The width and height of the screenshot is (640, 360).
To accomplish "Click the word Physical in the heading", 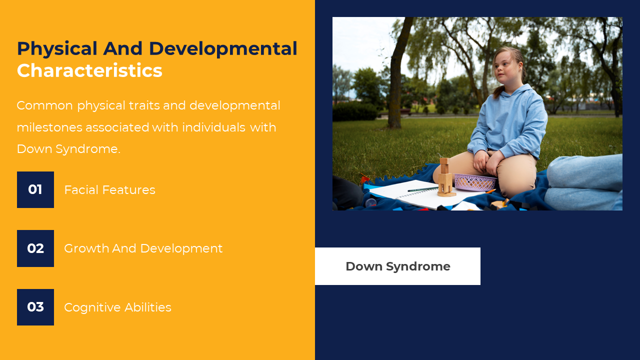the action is pyautogui.click(x=57, y=48).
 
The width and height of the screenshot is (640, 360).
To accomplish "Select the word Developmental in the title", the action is pyautogui.click(x=223, y=48).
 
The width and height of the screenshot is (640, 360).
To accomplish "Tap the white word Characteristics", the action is pyautogui.click(x=89, y=70).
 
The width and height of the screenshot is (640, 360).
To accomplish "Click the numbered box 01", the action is pyautogui.click(x=35, y=189).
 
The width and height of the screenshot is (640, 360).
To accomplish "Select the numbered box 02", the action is pyautogui.click(x=35, y=248).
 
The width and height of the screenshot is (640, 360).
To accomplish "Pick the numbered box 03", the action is pyautogui.click(x=35, y=307).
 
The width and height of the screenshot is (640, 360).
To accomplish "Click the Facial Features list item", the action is pyautogui.click(x=109, y=190).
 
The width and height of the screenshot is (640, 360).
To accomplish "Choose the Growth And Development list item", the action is pyautogui.click(x=143, y=248).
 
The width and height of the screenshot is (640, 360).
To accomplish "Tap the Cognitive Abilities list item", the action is pyautogui.click(x=117, y=307).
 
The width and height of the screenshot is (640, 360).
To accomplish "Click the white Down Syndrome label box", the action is pyautogui.click(x=397, y=266).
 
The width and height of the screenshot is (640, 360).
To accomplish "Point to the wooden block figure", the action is pyautogui.click(x=445, y=177).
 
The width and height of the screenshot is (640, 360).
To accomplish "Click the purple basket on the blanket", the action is pyautogui.click(x=475, y=182).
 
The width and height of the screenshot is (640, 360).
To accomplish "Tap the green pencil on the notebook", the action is pyautogui.click(x=423, y=189).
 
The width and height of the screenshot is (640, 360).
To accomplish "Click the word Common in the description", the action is pyautogui.click(x=45, y=105).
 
